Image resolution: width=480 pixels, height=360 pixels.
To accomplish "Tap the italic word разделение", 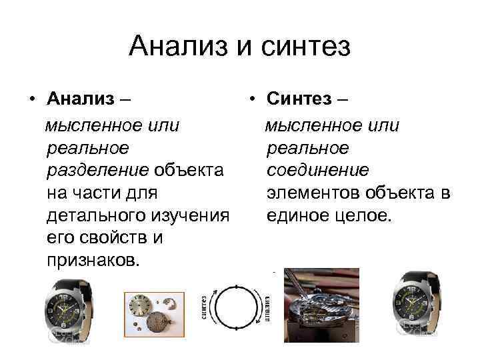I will (97, 171).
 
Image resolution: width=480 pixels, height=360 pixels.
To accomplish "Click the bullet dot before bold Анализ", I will (31, 101).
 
